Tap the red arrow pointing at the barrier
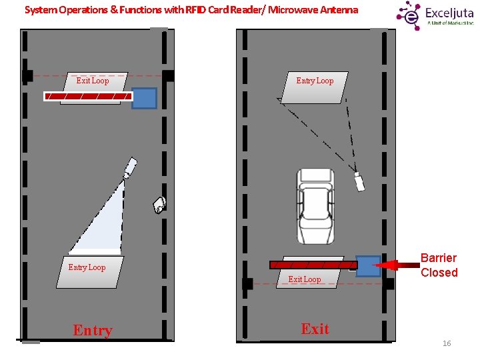(x=396, y=265)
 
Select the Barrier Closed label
(x=439, y=265)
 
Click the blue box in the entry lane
(x=144, y=98)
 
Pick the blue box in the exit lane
(x=368, y=266)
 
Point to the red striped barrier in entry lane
(x=87, y=97)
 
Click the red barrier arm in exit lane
(x=313, y=265)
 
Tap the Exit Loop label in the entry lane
(x=93, y=81)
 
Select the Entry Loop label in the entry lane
(x=87, y=267)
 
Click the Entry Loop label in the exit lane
(x=315, y=81)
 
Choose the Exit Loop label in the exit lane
(x=305, y=279)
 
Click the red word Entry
(x=93, y=330)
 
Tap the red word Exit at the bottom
(x=315, y=329)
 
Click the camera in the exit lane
(x=359, y=181)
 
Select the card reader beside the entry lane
(x=159, y=204)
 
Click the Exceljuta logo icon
(x=409, y=15)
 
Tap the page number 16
(x=447, y=343)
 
